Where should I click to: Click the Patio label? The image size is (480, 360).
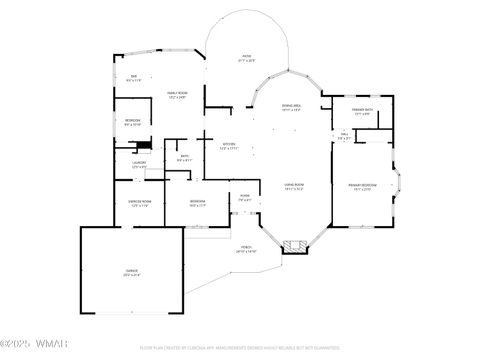245,58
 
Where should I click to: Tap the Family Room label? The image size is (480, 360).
176,94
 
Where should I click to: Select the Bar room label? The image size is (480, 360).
133,79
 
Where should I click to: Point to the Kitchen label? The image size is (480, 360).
229,145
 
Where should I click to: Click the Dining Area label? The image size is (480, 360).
291,107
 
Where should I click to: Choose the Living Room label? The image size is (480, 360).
292,187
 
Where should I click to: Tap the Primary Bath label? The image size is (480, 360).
362,111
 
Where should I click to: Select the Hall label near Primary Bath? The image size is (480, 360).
343,137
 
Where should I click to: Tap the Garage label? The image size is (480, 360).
132,272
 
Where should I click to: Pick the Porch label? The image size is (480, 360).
246,250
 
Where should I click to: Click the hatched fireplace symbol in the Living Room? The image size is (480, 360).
295,243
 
